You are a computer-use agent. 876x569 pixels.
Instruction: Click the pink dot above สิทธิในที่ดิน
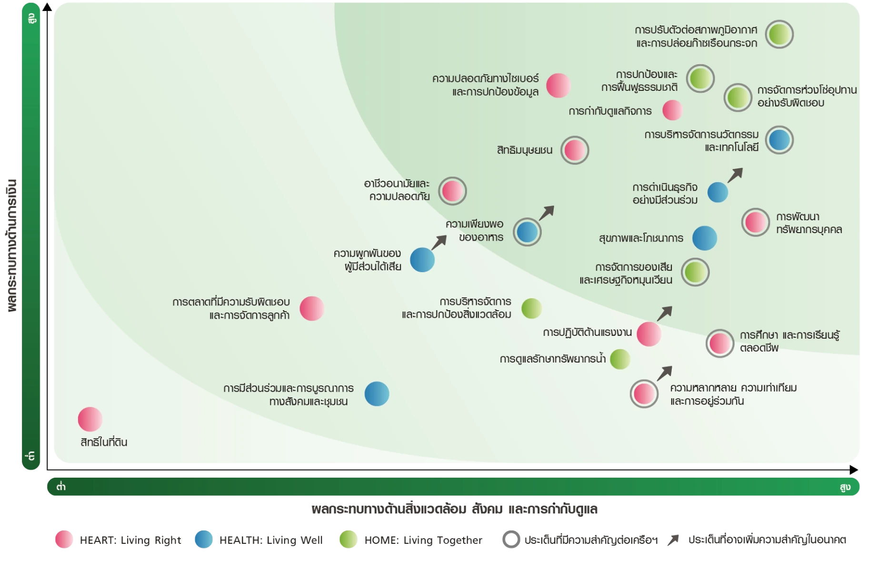point(90,419)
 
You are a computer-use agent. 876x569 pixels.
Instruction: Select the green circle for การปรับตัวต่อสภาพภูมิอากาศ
point(779,34)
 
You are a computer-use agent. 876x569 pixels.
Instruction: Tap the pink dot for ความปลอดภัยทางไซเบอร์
point(558,86)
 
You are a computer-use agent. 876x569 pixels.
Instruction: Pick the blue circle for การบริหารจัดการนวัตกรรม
point(779,140)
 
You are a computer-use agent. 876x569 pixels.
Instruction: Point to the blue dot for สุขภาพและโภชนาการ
point(705,238)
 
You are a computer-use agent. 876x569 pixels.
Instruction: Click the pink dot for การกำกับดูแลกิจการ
point(672,110)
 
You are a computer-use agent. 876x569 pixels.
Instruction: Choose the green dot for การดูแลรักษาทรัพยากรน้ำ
point(620,359)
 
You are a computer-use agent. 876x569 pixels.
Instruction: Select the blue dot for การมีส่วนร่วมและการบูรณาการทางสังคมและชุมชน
point(377,394)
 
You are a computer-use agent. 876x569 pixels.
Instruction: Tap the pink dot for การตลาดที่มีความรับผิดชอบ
point(312,308)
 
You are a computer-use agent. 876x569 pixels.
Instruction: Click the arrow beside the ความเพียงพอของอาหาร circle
point(547,213)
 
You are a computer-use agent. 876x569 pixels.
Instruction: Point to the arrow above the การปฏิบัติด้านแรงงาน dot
point(665,313)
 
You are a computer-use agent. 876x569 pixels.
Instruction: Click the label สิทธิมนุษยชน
point(525,150)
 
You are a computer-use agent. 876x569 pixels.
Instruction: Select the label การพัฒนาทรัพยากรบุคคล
point(809,223)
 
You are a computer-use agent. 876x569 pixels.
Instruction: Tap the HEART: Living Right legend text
point(130,540)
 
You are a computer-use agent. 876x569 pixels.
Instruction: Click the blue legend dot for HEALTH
point(204,540)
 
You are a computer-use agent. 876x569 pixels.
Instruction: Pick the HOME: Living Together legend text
point(423,540)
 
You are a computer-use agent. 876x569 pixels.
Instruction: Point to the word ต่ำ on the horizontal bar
point(61,486)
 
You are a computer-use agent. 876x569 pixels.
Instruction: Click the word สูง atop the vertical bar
point(31,19)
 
